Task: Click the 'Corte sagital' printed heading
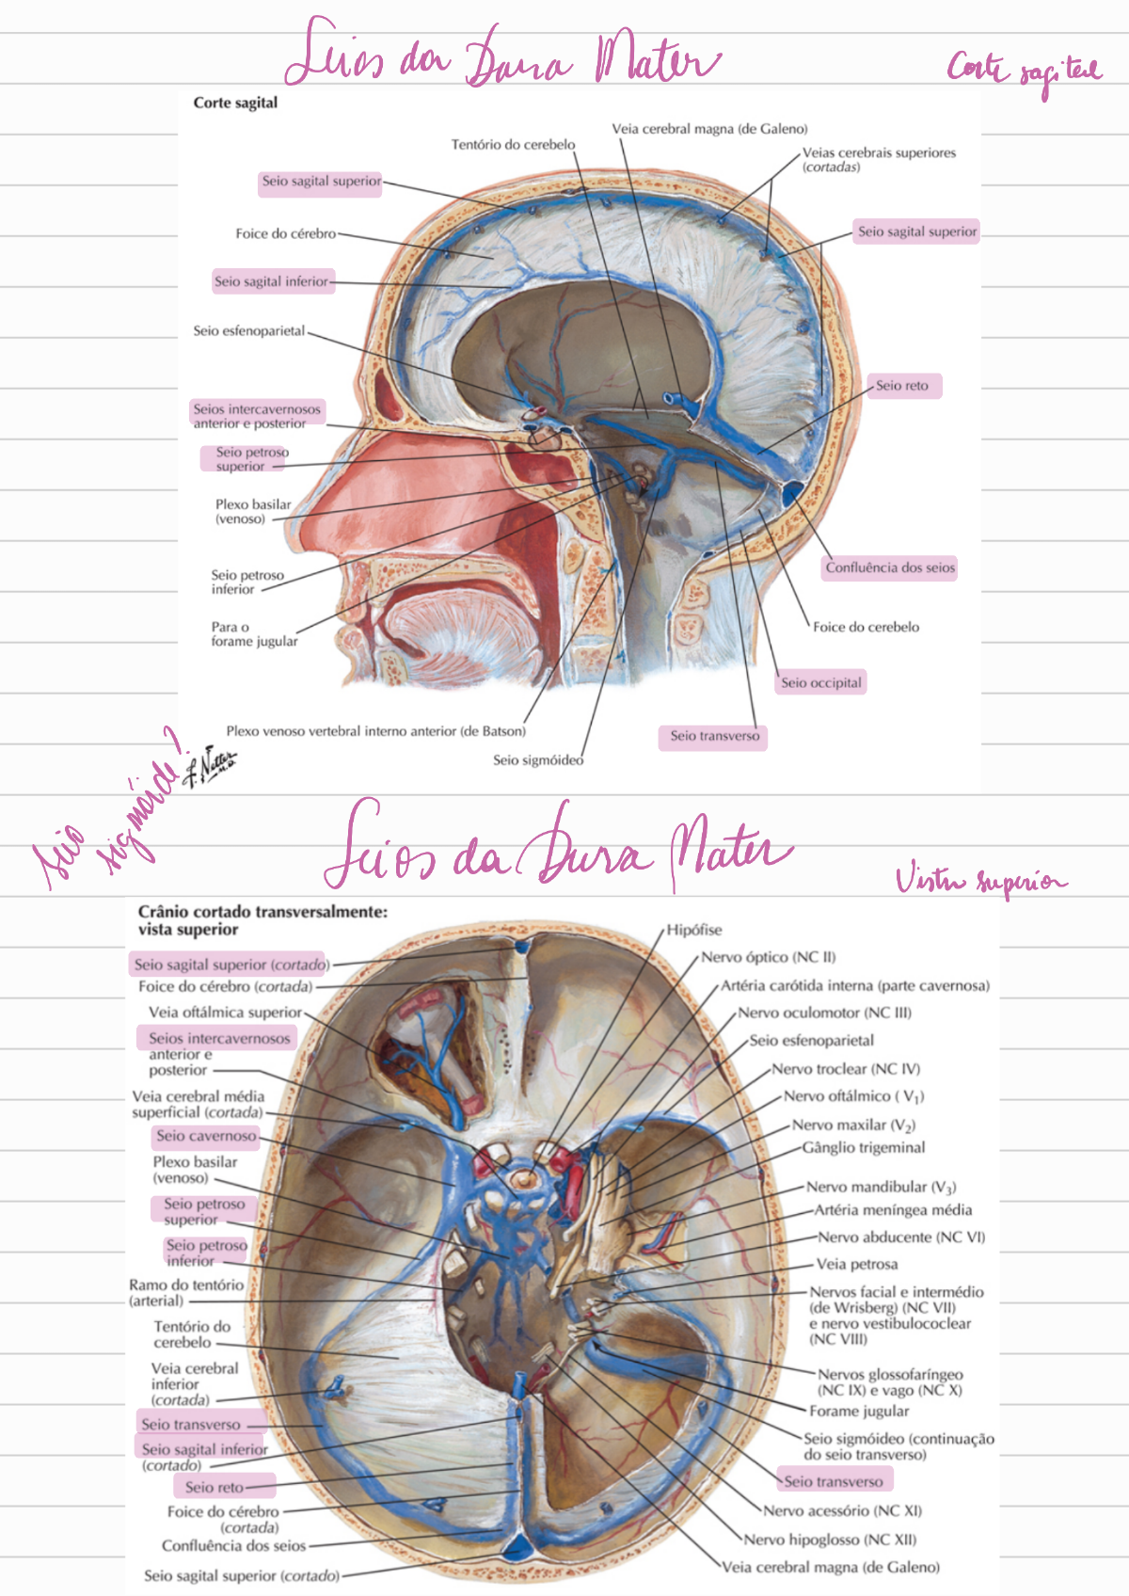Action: [235, 103]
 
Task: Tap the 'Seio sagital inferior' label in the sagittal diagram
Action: [272, 281]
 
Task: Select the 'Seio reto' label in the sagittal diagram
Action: [902, 386]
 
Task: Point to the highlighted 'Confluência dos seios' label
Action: [890, 567]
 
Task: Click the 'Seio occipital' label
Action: [820, 683]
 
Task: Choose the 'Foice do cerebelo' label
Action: [866, 627]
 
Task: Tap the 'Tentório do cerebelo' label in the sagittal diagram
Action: [513, 145]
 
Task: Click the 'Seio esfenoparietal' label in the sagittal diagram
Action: [249, 331]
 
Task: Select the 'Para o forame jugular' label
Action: [254, 634]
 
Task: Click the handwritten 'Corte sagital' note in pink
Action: [1024, 72]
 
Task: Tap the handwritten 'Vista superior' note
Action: [980, 881]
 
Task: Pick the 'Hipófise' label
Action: [694, 930]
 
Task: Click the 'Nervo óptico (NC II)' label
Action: [769, 957]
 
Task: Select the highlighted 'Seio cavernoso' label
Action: [206, 1137]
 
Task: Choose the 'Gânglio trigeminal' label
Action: [864, 1147]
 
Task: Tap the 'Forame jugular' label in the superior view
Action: [859, 1411]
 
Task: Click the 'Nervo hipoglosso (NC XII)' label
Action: [830, 1540]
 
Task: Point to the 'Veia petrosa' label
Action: [856, 1264]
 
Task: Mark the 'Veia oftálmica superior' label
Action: [225, 1013]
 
